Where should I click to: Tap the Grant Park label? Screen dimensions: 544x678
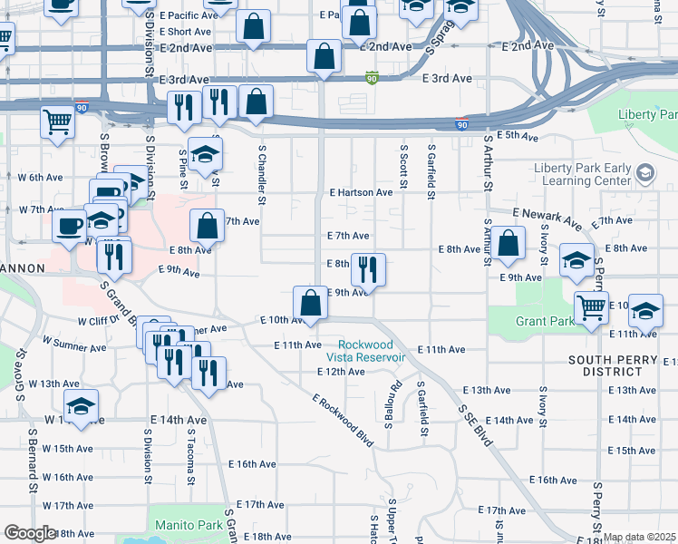pyautogui.click(x=526, y=321)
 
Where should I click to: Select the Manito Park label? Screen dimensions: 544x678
pyautogui.click(x=189, y=525)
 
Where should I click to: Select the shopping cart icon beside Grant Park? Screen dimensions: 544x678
pyautogui.click(x=591, y=308)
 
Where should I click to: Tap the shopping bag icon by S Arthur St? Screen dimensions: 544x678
pyautogui.click(x=509, y=244)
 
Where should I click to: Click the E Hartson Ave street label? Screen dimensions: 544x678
pyautogui.click(x=361, y=192)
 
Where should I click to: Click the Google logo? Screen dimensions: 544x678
pyautogui.click(x=30, y=533)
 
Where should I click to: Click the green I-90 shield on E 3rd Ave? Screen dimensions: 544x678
pyautogui.click(x=371, y=79)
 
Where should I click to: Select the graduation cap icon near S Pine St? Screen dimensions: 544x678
pyautogui.click(x=206, y=153)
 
